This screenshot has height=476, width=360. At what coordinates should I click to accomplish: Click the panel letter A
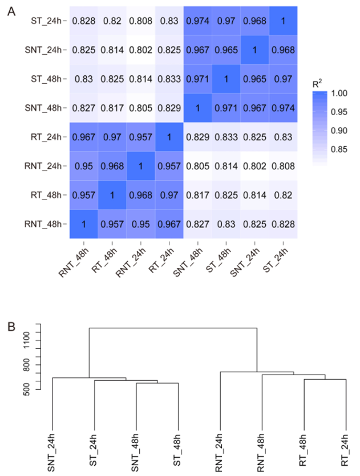click(10, 11)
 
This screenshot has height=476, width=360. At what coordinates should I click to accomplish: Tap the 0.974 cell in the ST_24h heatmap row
click(197, 21)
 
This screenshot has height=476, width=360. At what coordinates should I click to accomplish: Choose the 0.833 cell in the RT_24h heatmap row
click(226, 137)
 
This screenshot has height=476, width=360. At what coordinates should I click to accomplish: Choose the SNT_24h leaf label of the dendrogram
click(52, 450)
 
